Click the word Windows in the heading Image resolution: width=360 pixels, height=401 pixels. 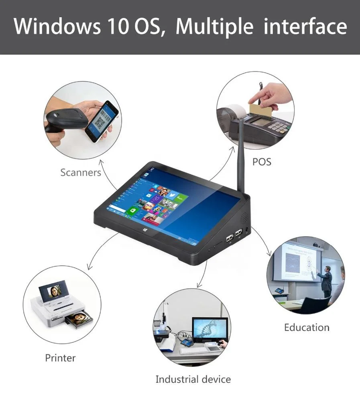(x=57, y=26)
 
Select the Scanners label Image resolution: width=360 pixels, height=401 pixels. (x=80, y=172)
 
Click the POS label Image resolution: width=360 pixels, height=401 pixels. (x=262, y=162)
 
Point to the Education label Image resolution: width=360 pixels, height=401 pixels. (x=307, y=327)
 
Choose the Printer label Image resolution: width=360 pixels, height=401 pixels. (x=60, y=358)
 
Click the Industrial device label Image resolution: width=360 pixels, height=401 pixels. (x=193, y=379)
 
